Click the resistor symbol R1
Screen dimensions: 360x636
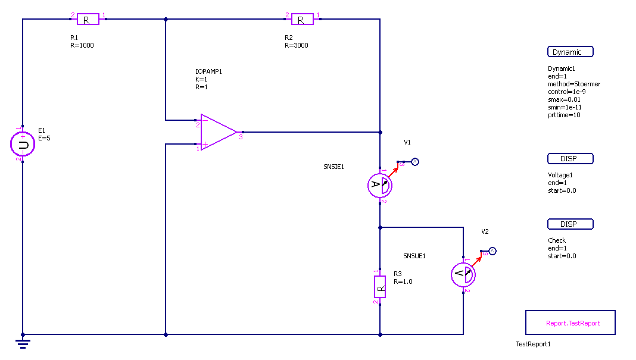(88, 19)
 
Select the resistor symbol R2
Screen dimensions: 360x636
(302, 19)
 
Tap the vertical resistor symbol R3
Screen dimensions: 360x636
(379, 287)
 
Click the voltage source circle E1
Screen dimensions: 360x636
(23, 144)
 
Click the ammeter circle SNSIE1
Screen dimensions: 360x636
(379, 186)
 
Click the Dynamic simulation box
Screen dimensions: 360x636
(570, 52)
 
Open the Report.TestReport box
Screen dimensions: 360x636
(570, 323)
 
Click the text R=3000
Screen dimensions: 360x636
(296, 45)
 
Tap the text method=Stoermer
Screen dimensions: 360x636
(573, 84)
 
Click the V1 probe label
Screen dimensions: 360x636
(407, 143)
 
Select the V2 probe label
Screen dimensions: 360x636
(485, 231)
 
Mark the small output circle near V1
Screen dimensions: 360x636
(416, 162)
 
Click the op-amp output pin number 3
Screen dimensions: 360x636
(241, 137)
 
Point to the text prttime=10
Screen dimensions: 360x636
(564, 115)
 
